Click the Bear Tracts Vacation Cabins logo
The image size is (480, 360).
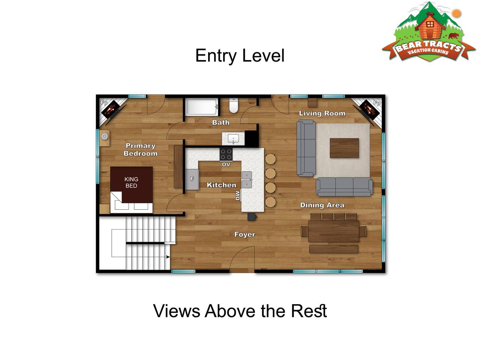428,32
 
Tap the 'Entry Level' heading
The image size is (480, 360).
240,55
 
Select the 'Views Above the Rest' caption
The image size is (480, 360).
240,310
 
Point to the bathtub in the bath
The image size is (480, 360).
202,107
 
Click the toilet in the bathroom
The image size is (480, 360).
233,106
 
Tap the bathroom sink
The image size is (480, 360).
233,139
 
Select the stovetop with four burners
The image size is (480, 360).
226,154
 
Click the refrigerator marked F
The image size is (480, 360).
192,179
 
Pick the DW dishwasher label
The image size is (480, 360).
238,195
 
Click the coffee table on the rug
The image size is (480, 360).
344,148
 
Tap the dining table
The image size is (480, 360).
333,231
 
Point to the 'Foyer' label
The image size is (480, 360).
245,234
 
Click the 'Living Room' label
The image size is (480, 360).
322,113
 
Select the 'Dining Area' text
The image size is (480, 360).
322,205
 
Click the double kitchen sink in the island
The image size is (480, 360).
247,180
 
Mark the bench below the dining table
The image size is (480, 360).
334,249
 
